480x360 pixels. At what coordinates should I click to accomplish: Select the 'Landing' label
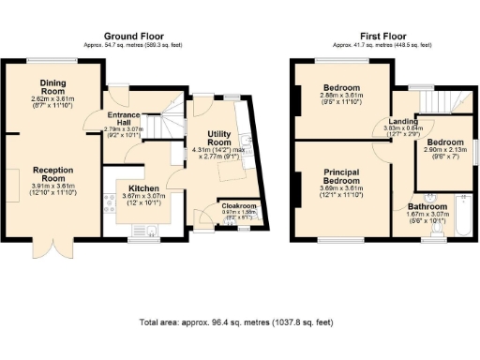404,122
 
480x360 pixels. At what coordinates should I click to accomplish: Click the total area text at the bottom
234,322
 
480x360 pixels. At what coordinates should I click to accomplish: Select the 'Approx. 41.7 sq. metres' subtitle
382,44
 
